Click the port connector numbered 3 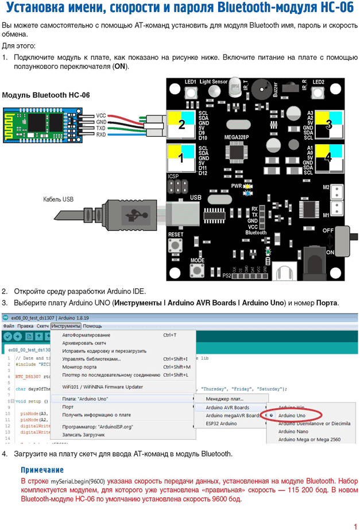click(x=327, y=124)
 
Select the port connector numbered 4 click(x=327, y=157)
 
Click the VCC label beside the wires click(x=101, y=115)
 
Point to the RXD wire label click(x=101, y=135)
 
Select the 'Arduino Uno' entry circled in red click(x=292, y=415)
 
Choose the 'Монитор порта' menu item click(x=79, y=367)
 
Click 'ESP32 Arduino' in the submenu click(x=221, y=423)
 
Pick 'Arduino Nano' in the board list click(x=294, y=431)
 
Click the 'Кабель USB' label click(x=58, y=200)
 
